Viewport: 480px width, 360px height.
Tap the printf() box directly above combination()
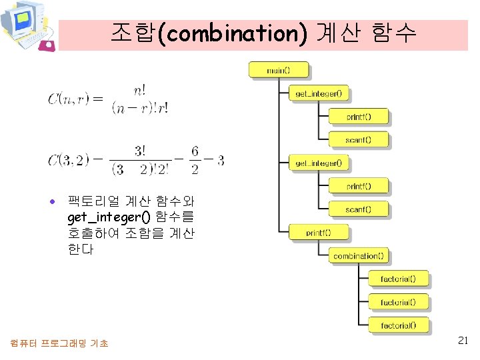coord(318,233)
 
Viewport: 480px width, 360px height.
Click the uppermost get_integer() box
coord(318,93)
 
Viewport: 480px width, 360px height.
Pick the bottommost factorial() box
coord(398,326)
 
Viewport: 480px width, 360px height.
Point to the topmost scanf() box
coord(358,140)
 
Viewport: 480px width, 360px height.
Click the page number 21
coord(464,341)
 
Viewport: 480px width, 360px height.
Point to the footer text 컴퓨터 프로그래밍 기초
coord(60,343)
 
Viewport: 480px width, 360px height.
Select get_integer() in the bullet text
coord(108,217)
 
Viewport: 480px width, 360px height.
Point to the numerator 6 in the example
coord(195,152)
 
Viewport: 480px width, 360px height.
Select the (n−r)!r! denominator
coord(141,108)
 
